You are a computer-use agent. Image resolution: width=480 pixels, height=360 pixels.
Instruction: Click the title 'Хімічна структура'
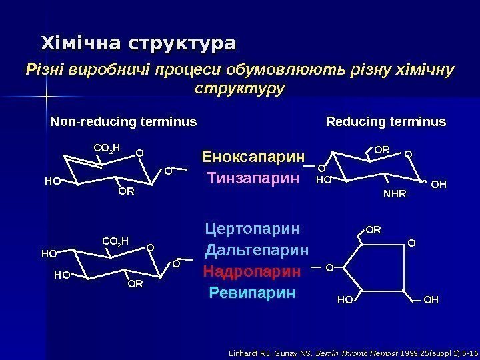[139, 44]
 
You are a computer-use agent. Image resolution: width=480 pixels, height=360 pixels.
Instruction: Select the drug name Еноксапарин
[253, 159]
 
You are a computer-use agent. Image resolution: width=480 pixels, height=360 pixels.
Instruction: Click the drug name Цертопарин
[253, 230]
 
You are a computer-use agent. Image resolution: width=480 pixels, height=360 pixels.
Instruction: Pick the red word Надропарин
[252, 272]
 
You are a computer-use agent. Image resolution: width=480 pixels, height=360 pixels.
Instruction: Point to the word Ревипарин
[251, 293]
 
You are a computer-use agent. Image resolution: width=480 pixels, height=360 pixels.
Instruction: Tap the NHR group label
[394, 194]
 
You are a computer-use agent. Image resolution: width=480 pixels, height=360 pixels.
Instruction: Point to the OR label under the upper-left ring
[125, 192]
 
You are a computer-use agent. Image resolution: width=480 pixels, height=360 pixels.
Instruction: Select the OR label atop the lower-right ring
[373, 231]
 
